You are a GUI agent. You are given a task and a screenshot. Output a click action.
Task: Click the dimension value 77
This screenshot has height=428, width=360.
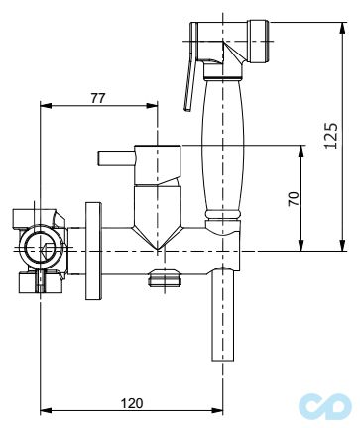tap(98, 98)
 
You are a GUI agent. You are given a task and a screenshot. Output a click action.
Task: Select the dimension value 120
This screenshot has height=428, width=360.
tap(132, 403)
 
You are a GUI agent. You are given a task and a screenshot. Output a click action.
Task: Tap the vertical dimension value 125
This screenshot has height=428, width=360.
tap(331, 136)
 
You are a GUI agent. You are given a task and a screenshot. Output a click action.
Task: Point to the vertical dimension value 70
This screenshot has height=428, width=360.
tap(294, 198)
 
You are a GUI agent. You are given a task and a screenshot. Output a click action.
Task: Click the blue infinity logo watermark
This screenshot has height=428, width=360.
tap(325, 406)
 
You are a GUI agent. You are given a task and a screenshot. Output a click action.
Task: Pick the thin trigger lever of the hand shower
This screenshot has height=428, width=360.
tap(189, 86)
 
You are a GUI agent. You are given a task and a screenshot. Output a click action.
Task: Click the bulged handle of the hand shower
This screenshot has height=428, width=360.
tap(224, 146)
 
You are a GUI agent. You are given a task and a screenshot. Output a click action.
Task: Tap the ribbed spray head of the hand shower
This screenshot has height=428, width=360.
tap(260, 42)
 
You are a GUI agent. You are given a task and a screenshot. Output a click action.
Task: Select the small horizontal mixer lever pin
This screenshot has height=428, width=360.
tap(116, 158)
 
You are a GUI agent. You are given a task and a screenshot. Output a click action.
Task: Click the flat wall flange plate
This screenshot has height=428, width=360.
tap(93, 251)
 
